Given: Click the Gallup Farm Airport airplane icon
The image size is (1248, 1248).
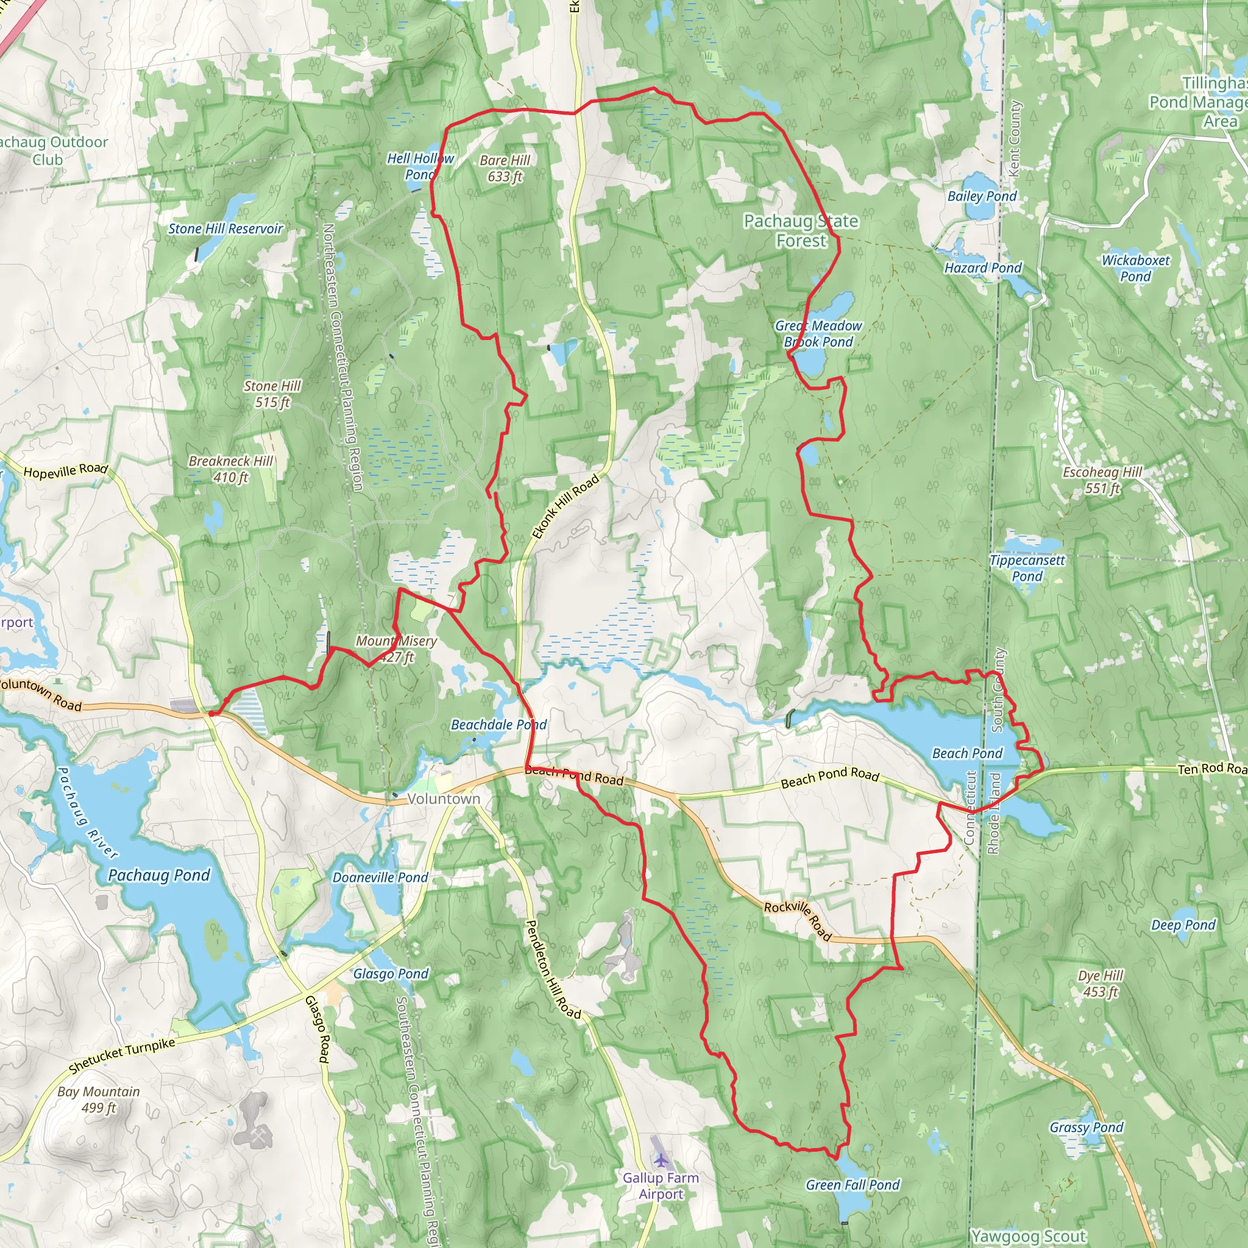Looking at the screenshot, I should (x=660, y=1160).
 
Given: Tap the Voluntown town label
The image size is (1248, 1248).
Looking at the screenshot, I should (x=444, y=799).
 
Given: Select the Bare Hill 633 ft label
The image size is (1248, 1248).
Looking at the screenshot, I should (x=505, y=168).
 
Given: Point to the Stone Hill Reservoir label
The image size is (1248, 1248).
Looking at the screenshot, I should (x=225, y=229).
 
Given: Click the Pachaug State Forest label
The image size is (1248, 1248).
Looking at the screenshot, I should (x=801, y=230).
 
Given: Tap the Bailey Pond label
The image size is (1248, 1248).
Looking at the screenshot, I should (x=982, y=196).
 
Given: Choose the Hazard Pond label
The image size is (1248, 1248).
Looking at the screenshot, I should (x=982, y=268).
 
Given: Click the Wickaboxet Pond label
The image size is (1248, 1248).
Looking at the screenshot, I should (x=1136, y=268).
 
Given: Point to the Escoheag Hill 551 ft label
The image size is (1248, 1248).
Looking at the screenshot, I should (x=1102, y=480).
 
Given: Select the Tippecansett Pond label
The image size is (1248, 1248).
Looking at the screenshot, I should (x=1027, y=568).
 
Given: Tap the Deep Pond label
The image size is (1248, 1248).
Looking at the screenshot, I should (x=1183, y=925).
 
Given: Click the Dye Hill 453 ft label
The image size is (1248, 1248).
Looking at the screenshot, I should (x=1101, y=983).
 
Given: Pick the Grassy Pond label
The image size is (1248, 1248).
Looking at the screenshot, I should (x=1087, y=1127).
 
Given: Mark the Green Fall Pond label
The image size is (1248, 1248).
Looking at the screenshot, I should (x=853, y=1185).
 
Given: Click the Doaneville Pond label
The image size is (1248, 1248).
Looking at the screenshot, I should (x=380, y=877).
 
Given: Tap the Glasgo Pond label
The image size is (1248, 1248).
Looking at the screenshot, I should (x=391, y=973).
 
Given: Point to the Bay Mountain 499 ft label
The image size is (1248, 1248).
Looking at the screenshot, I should (x=99, y=1099).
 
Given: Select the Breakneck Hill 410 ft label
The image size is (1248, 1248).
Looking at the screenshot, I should (x=230, y=469).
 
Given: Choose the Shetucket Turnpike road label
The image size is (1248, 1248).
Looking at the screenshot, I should (x=121, y=1055).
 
